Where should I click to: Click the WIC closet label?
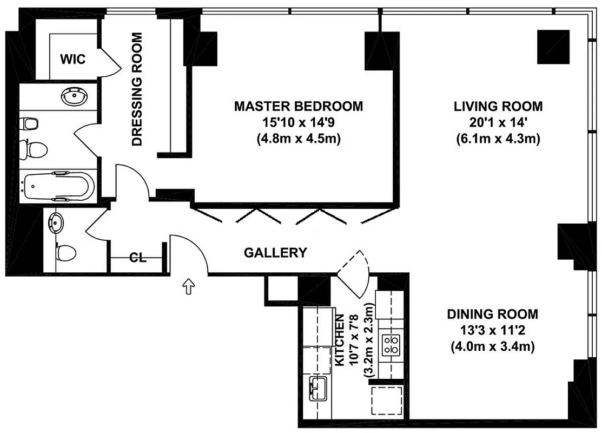point(72,59)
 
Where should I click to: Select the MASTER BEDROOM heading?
point(298,106)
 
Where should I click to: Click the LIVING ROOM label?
point(498,106)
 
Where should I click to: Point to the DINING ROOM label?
point(492,314)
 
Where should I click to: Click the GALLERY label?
point(275,253)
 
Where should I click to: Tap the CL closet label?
point(138,258)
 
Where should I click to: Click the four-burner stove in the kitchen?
point(391,345)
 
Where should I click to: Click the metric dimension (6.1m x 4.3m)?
point(498,139)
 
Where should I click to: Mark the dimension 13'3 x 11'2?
point(492,330)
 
